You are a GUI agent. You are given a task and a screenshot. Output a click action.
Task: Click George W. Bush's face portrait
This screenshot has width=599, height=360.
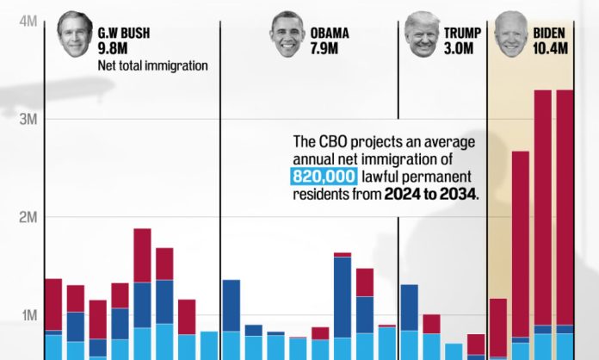pos(75,34)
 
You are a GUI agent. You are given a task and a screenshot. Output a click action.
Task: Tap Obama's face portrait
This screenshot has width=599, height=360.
pos(287,35)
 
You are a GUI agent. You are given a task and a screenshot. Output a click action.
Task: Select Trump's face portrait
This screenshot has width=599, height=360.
pos(422,34)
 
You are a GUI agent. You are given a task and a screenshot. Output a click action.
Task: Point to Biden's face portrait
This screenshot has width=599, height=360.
pos(511,34)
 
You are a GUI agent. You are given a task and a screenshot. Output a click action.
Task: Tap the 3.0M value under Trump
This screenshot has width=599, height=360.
pos(459,48)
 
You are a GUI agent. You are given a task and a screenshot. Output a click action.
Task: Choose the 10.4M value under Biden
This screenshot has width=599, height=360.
pos(551,48)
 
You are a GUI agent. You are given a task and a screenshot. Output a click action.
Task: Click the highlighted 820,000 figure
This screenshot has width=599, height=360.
pos(320,177)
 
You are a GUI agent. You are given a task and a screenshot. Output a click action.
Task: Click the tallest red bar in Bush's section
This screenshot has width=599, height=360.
pos(142,256)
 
